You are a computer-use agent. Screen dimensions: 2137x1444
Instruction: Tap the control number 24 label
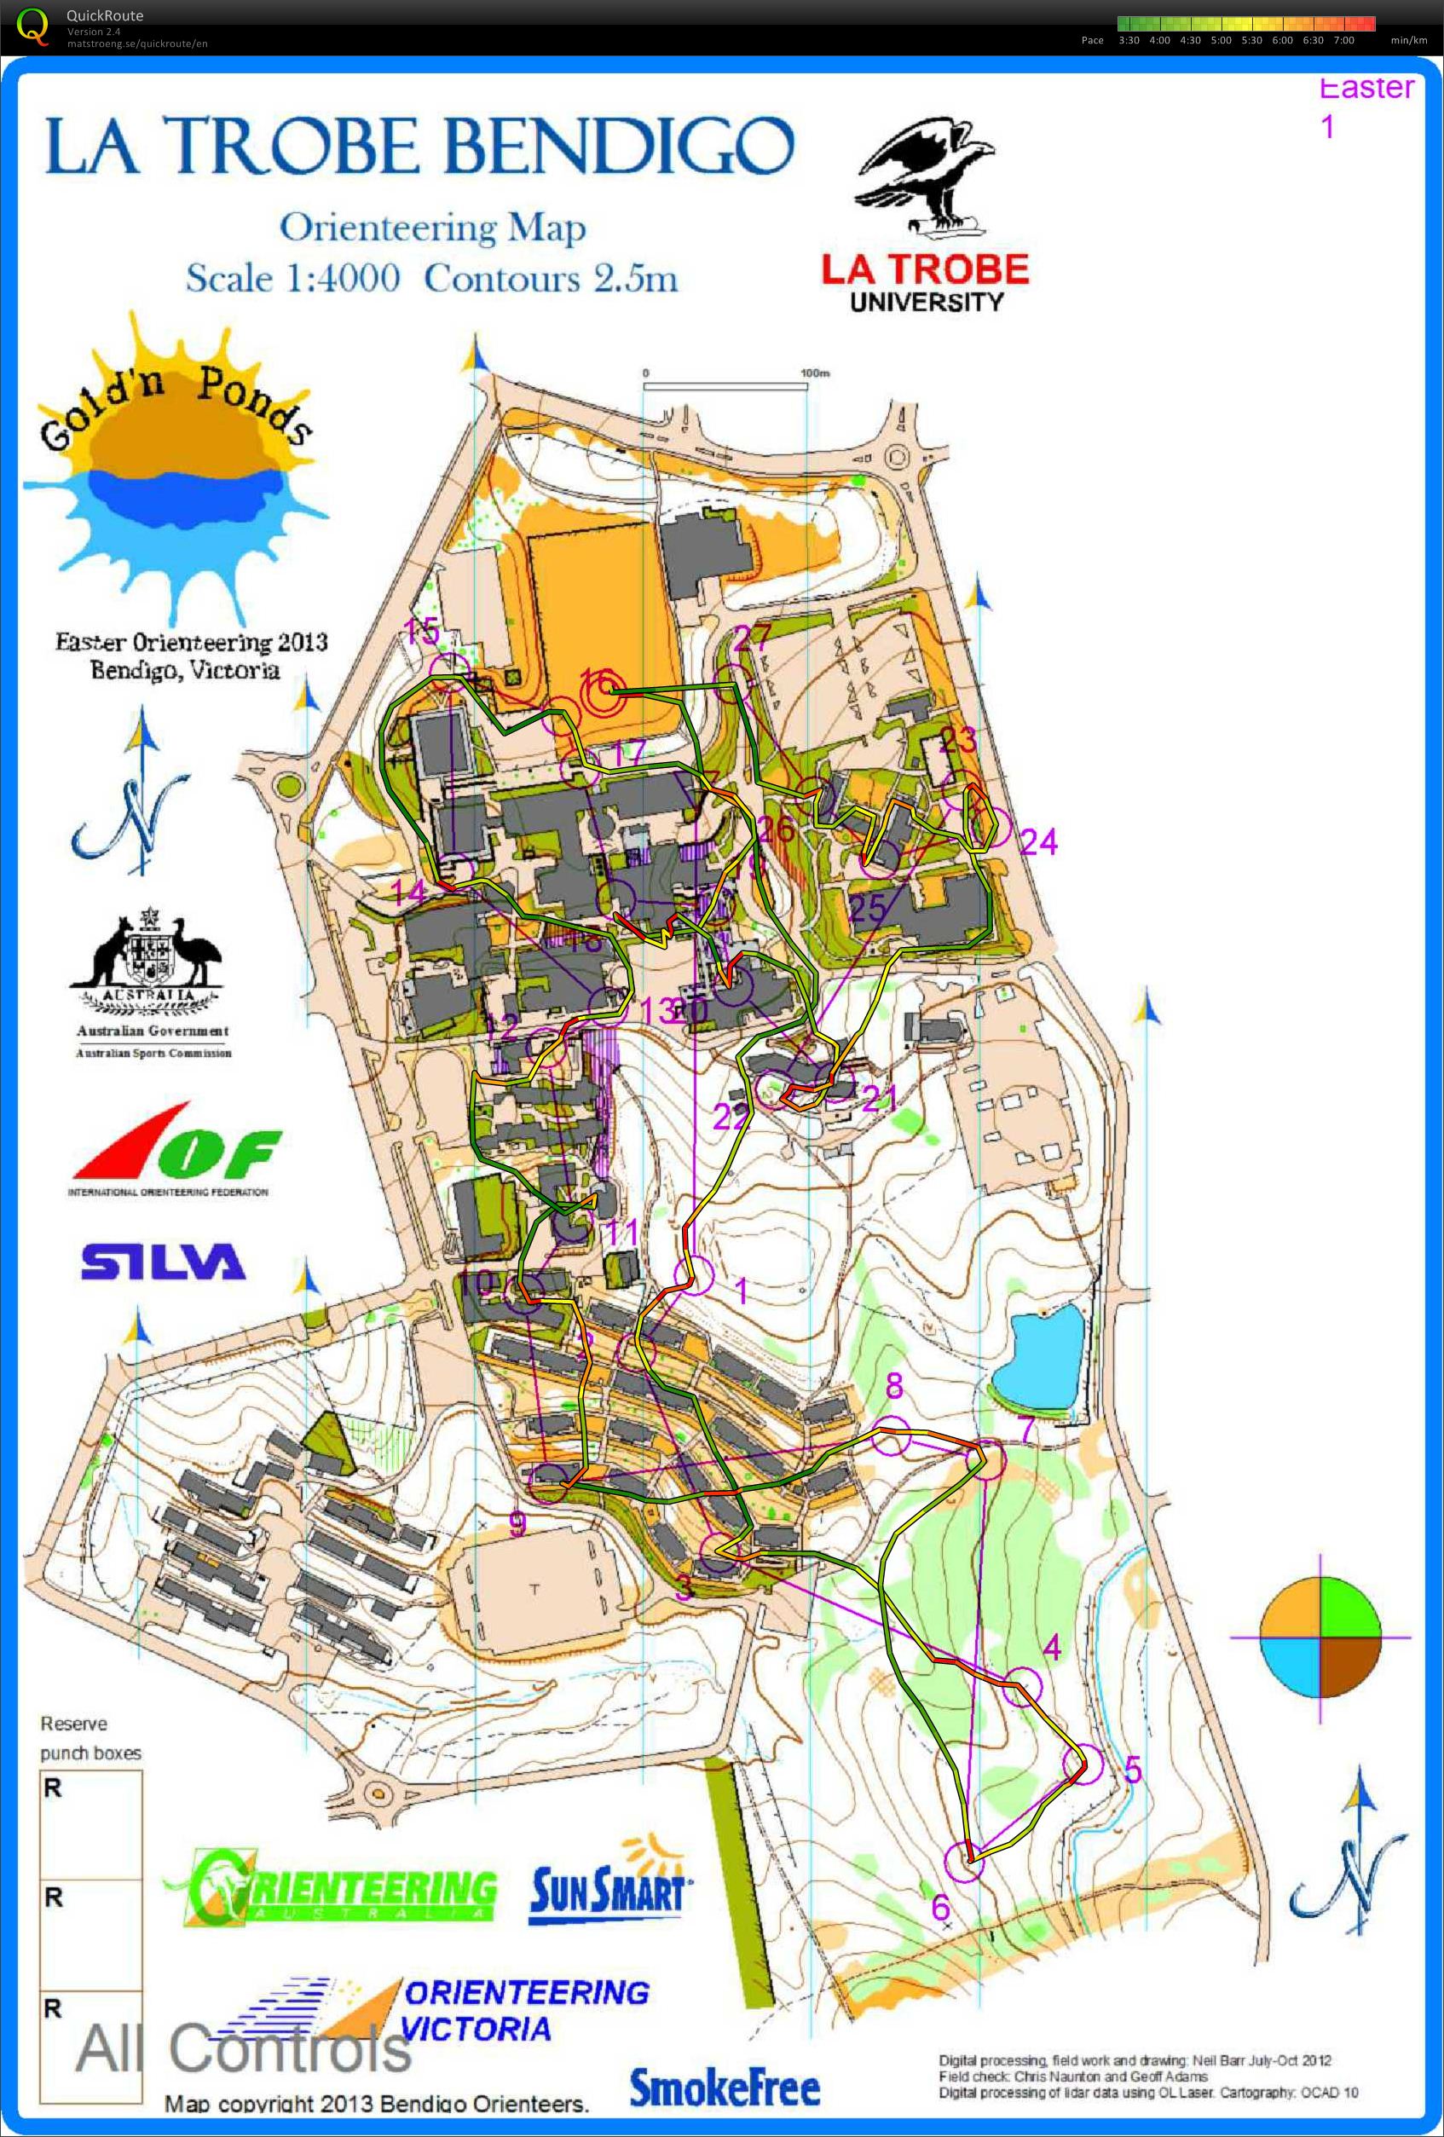pos(1038,842)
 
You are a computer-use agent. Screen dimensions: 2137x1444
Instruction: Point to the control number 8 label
pos(893,1385)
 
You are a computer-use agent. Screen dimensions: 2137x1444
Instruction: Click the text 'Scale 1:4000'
pos(292,278)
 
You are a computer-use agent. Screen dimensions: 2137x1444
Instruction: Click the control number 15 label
pos(422,632)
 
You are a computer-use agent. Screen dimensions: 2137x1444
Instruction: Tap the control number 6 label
pos(940,1907)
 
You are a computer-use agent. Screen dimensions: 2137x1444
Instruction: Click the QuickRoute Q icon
pos(33,25)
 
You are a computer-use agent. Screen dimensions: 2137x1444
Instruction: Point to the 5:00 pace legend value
pos(1221,40)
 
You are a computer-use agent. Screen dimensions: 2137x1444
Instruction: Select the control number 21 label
pos(880,1097)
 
